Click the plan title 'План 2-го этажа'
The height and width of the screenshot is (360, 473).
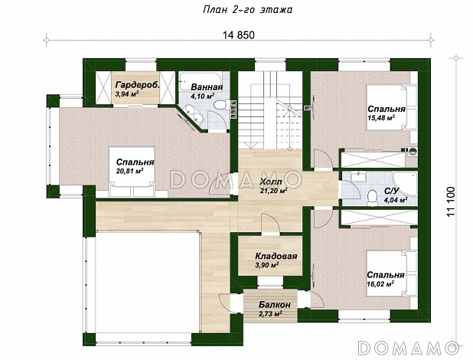point(247,10)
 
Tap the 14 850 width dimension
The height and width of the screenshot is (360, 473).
point(239,35)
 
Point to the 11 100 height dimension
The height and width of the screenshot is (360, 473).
point(452,201)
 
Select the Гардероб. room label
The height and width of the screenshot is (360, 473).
point(138,85)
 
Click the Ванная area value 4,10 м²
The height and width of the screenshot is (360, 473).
point(202,96)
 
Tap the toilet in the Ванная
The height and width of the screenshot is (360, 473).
point(220,105)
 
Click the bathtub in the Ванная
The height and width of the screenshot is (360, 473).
point(201,81)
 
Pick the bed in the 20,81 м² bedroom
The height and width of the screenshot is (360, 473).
point(132,172)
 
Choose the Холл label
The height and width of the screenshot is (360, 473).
point(271,182)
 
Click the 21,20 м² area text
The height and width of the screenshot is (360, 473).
point(273,191)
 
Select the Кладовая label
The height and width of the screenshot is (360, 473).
point(276,256)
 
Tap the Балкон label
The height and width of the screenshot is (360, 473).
point(275,305)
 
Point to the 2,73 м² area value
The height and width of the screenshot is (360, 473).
point(270,314)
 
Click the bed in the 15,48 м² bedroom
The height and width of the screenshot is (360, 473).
point(392,107)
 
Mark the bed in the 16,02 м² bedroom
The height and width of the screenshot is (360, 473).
point(392,274)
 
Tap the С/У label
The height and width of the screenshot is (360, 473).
point(392,191)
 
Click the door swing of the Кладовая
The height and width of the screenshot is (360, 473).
point(270,224)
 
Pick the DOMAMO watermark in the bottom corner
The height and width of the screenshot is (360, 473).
point(409,348)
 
